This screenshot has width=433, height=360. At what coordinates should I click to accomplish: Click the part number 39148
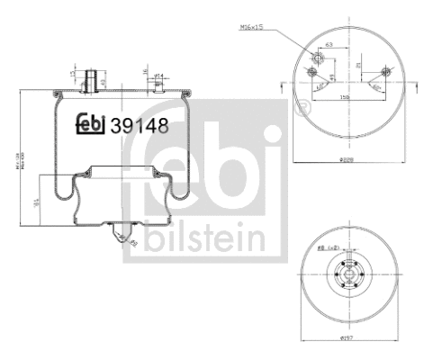(x=138, y=125)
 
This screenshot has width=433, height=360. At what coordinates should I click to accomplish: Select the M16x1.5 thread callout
(x=253, y=27)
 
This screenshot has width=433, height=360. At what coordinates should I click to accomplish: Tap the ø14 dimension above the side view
(x=158, y=76)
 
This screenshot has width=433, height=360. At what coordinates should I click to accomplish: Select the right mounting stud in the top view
(x=385, y=72)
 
